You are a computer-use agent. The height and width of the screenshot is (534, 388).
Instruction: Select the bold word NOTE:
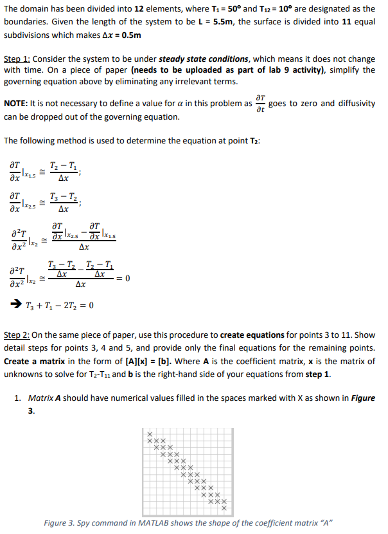[x=18, y=104]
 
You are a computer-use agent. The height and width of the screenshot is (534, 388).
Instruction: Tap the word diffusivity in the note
[x=355, y=104]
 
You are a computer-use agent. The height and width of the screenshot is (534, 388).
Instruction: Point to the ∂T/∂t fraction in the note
[x=259, y=103]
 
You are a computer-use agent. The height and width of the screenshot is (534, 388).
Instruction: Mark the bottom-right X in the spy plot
[x=224, y=508]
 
